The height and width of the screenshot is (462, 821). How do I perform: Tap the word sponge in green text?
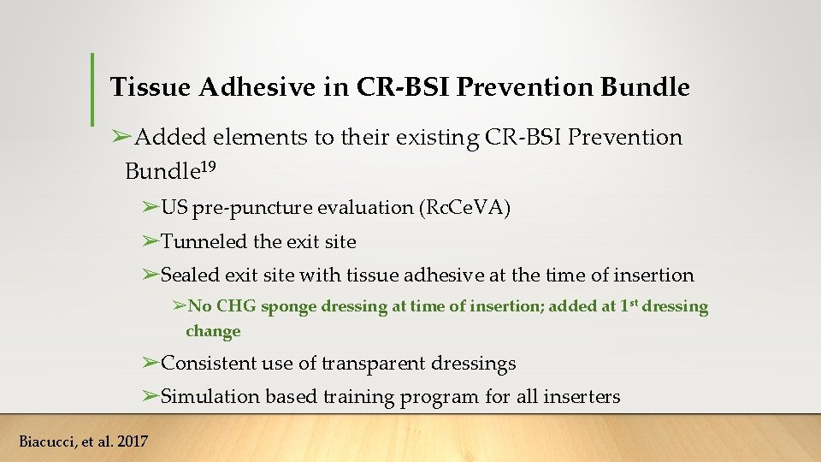pos(288,306)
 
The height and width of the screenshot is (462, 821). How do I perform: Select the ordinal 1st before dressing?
pos(629,305)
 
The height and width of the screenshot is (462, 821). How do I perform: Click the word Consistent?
pos(208,364)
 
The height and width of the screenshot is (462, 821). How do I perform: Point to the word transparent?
pos(372,364)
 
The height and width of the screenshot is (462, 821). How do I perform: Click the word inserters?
pos(586,397)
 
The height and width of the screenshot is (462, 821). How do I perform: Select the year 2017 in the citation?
pos(130,441)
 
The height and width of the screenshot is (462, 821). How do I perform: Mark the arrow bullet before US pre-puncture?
pos(151,207)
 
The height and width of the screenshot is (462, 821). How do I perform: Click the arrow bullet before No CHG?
pos(178,305)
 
